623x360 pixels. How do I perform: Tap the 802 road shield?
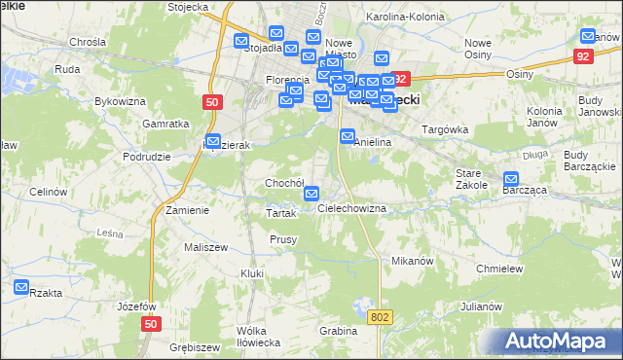pos(381,317)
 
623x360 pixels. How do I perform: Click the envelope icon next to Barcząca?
pos(512,179)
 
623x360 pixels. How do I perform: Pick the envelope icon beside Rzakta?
pos(21,287)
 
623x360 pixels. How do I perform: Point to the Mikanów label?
pos(411,261)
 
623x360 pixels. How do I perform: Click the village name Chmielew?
pos(500,269)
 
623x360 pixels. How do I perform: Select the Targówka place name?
pos(445,129)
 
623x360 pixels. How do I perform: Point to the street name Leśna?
pos(109,234)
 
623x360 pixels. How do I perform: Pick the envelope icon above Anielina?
pos(348,137)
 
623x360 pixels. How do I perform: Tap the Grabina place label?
pos(337,331)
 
